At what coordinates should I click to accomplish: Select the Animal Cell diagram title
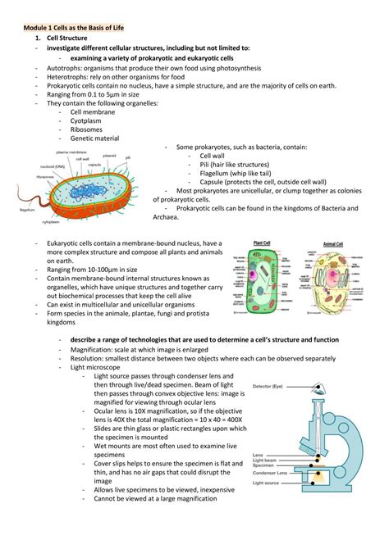tap(333, 243)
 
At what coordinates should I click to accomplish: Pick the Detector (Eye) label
tap(268, 385)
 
